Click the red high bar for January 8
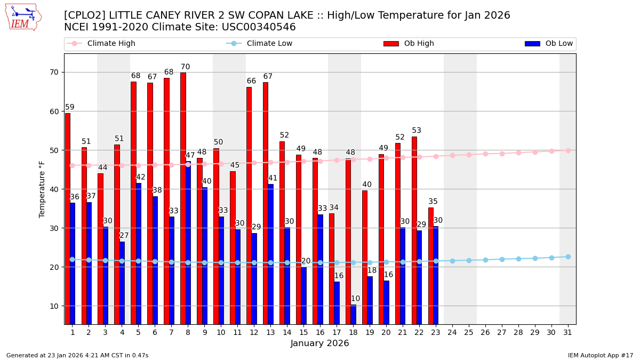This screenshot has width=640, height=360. click(x=183, y=198)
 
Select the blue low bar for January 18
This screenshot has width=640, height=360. click(x=353, y=314)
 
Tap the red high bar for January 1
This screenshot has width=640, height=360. click(x=68, y=219)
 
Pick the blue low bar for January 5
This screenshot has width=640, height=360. click(x=139, y=253)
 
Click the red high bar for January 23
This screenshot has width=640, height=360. click(x=430, y=266)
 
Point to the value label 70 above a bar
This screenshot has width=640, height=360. click(x=185, y=67)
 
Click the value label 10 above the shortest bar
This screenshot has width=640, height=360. click(x=355, y=299)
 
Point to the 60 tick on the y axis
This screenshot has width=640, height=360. click(x=54, y=111)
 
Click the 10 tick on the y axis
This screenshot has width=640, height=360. click(x=54, y=306)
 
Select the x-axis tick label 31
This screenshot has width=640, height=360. click(x=567, y=332)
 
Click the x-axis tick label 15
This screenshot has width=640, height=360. click(x=303, y=332)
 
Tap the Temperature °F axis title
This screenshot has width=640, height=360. click(x=42, y=189)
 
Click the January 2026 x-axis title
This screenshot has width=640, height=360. click(x=319, y=343)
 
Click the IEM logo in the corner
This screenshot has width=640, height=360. click(x=23, y=17)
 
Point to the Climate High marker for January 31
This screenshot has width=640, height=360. click(x=567, y=150)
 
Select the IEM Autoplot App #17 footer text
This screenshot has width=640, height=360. click(x=601, y=355)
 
